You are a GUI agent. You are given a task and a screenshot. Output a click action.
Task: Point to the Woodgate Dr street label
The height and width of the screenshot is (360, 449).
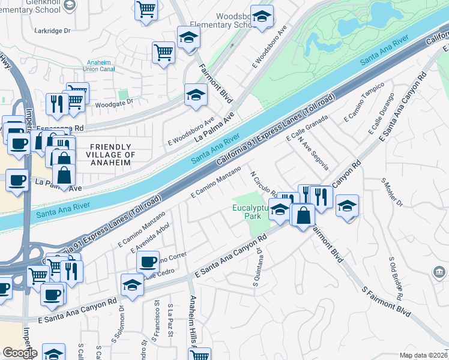click(x=112, y=103)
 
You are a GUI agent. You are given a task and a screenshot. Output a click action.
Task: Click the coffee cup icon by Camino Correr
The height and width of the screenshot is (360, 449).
click(x=148, y=261)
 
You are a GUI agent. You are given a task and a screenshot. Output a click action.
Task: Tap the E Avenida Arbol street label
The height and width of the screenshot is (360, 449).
click(x=145, y=236)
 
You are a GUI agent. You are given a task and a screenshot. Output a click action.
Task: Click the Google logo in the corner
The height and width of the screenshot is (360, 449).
click(x=19, y=353)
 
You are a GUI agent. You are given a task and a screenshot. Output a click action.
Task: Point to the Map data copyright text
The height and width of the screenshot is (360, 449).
click(x=424, y=355)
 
